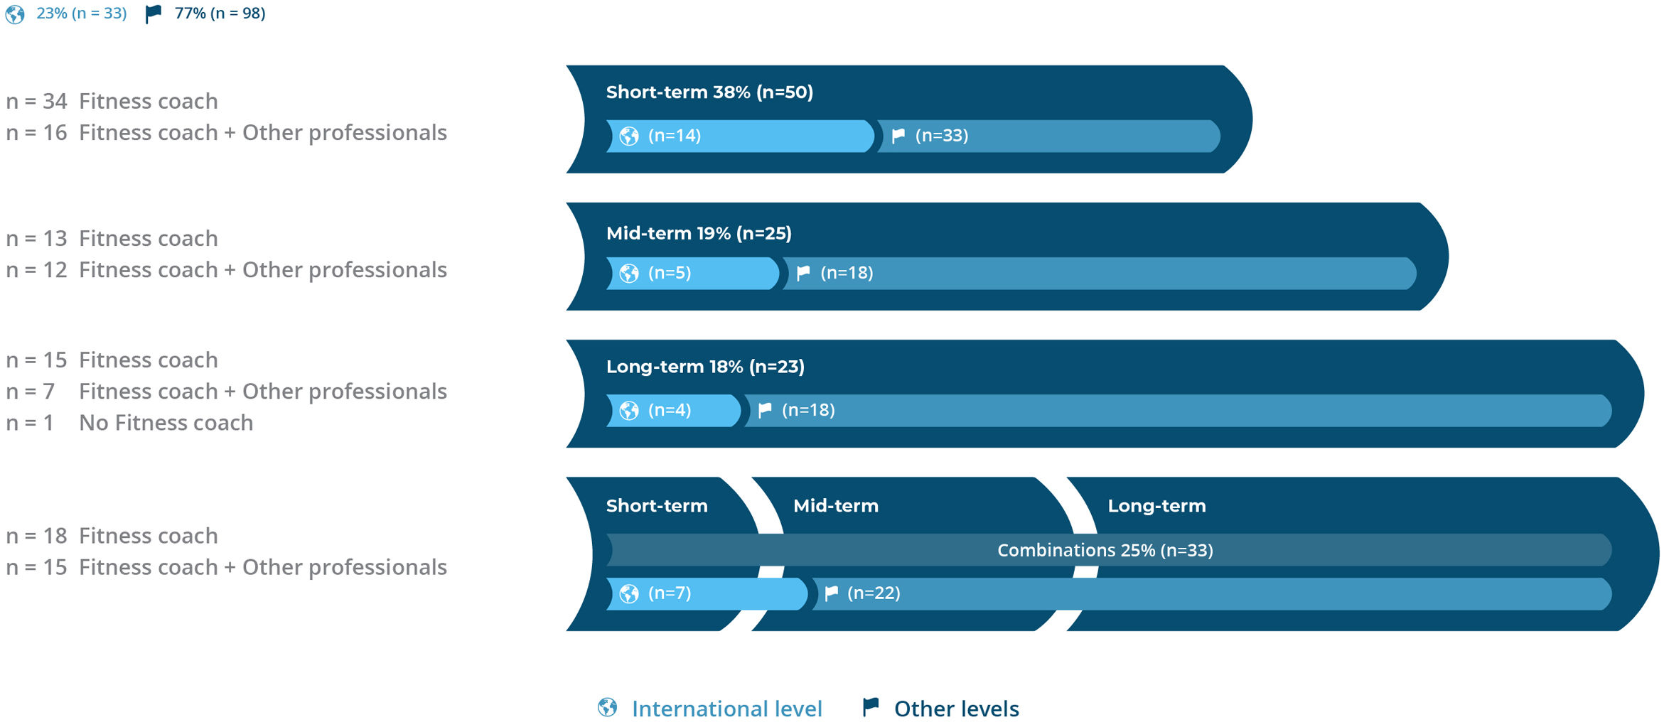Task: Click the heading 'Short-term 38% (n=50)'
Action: tap(709, 92)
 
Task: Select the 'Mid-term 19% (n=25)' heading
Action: tap(699, 233)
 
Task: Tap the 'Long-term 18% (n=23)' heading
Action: tap(705, 367)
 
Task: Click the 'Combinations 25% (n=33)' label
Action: tap(1105, 550)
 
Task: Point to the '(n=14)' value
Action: tap(675, 136)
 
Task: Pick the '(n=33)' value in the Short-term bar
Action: tap(942, 136)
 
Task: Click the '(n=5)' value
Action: tap(670, 273)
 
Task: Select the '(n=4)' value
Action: tap(670, 410)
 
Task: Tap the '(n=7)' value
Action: tap(670, 593)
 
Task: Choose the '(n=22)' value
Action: tap(874, 593)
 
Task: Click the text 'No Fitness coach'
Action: tap(166, 423)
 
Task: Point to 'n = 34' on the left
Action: tap(36, 102)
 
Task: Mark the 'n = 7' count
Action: tap(30, 392)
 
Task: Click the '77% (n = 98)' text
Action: tap(220, 14)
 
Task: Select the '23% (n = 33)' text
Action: tap(82, 14)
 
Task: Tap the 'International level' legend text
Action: tap(727, 708)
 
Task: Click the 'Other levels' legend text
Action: tap(957, 708)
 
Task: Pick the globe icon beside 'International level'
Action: tap(608, 707)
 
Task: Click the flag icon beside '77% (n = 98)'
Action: tap(154, 14)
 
